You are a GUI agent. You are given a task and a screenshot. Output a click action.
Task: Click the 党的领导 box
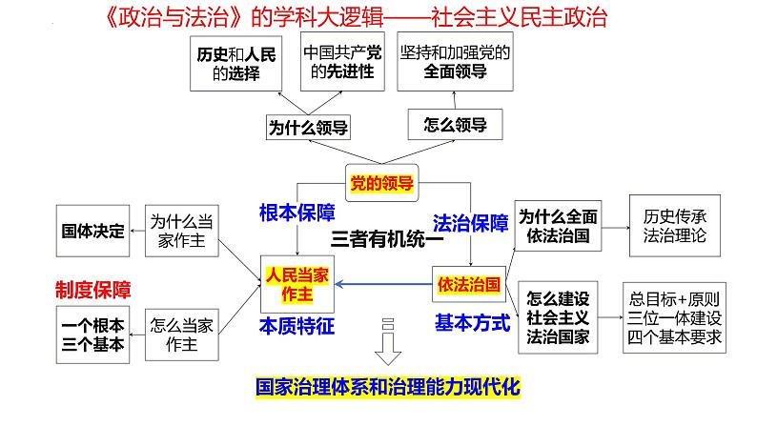(x=382, y=183)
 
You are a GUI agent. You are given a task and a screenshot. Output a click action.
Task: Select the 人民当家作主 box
(x=297, y=284)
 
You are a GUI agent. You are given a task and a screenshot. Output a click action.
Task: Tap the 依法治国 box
(x=469, y=284)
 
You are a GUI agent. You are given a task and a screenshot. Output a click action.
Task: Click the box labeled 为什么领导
(x=308, y=128)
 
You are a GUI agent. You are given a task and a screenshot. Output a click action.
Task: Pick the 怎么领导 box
(x=456, y=125)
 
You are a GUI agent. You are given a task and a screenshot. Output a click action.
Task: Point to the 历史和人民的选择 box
(x=236, y=63)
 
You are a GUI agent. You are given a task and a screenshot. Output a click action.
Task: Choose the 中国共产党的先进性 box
(x=342, y=61)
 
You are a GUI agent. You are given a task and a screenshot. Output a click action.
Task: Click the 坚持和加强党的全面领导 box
(x=456, y=61)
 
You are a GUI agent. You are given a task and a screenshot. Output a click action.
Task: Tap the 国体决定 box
(x=92, y=231)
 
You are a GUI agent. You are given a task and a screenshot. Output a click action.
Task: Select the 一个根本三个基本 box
(x=92, y=335)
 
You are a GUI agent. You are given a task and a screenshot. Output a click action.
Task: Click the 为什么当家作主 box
(x=181, y=231)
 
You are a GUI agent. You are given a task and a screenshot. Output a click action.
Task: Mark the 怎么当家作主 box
(x=181, y=335)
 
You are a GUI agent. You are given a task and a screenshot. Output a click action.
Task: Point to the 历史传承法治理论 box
(x=675, y=226)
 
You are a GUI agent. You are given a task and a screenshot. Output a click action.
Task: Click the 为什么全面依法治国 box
(x=558, y=226)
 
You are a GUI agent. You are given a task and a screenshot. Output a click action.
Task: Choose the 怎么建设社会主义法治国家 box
(x=558, y=317)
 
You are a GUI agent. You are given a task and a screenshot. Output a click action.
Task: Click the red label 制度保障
(x=93, y=290)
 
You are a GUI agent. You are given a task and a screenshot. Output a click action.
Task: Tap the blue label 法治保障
(x=471, y=223)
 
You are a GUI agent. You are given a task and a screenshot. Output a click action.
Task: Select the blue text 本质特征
(x=297, y=326)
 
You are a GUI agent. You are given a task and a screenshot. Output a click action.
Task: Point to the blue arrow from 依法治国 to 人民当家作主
(x=383, y=284)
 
